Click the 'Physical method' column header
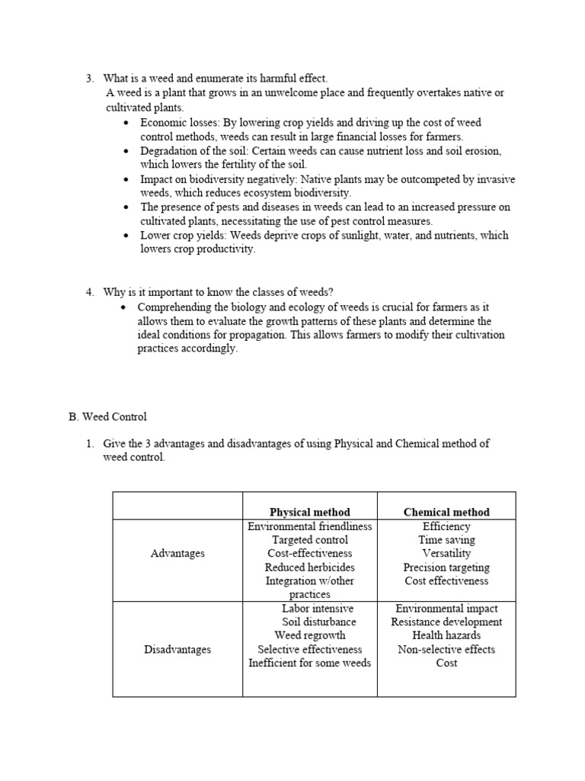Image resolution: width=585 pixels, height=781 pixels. tap(309, 512)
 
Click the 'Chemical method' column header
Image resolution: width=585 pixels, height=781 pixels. tap(446, 512)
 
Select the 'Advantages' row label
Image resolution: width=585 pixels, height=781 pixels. tap(177, 553)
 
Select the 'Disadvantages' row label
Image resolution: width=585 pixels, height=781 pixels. tap(177, 649)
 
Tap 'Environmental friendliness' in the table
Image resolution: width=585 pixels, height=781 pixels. tap(309, 526)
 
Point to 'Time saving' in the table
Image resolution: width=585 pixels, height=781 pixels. tap(446, 540)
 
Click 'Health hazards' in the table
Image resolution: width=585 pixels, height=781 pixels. tap(446, 635)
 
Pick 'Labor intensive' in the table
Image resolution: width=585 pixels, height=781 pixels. tap(318, 609)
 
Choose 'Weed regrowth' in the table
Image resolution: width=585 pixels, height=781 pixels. tap(310, 635)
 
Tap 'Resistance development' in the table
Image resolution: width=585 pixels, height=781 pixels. tap(446, 622)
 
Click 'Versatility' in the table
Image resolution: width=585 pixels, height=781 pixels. tap(446, 553)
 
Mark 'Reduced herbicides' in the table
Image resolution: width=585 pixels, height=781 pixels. tap(309, 567)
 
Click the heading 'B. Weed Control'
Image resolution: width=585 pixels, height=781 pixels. tap(107, 417)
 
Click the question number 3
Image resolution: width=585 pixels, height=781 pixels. tap(89, 79)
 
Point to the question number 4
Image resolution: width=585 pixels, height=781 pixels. tap(89, 292)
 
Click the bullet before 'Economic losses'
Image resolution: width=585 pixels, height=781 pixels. tap(126, 122)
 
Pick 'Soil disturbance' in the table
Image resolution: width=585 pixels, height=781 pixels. tap(319, 622)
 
